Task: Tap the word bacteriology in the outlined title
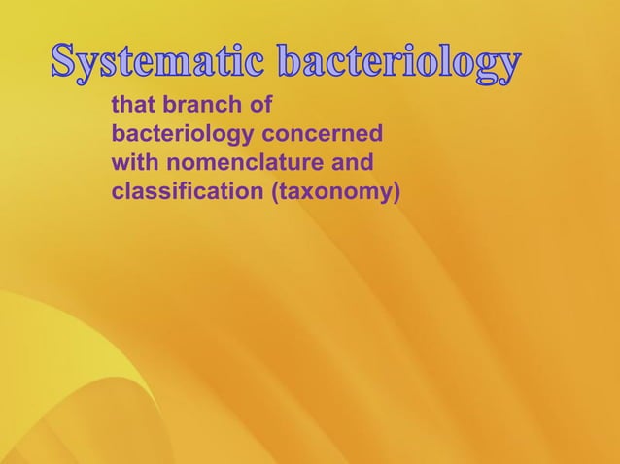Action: (x=398, y=64)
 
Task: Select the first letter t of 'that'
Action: (x=117, y=102)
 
